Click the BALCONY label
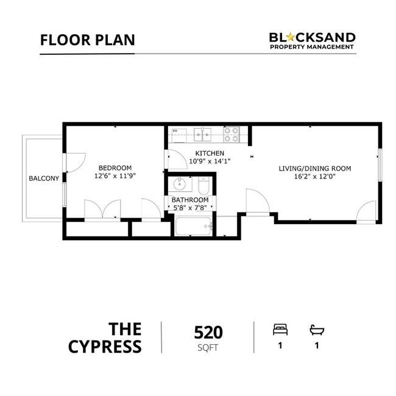[43, 179]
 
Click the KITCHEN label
[210, 153]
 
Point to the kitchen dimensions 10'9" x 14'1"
[210, 161]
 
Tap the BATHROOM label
[189, 200]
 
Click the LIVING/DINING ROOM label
[314, 168]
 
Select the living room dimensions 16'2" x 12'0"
[314, 177]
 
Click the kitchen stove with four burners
[232, 134]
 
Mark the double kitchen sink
[202, 134]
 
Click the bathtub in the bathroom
[193, 227]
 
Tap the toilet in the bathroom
[203, 184]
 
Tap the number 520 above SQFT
[208, 333]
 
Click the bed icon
[279, 330]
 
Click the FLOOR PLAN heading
[87, 40]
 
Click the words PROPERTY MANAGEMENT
[313, 48]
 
